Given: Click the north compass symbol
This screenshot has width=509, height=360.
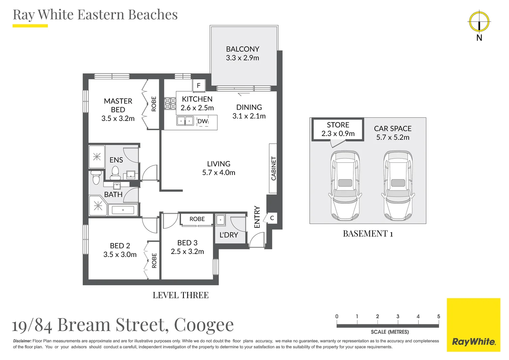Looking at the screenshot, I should (x=479, y=22).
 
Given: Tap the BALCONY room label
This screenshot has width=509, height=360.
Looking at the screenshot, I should (x=243, y=49).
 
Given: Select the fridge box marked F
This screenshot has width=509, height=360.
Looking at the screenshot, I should (x=199, y=86).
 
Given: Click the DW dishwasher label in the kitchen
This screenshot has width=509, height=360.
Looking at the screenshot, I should (x=203, y=121).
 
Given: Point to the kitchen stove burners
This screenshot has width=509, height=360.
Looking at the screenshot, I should (x=170, y=104).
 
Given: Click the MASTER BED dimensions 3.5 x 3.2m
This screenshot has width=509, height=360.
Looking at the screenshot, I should (x=118, y=118).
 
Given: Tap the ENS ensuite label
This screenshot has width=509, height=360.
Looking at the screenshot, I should (x=116, y=160).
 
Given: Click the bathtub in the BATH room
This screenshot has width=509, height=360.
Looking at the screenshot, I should (x=123, y=210).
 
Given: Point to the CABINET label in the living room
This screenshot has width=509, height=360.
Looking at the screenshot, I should (x=273, y=168).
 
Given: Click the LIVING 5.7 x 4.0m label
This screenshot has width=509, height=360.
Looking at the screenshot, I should (x=219, y=168).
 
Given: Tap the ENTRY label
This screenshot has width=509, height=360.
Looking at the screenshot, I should (x=257, y=217).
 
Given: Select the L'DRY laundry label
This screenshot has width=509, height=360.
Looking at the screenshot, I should (x=229, y=235).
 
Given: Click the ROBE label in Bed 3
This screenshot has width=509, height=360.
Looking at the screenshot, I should (x=197, y=219).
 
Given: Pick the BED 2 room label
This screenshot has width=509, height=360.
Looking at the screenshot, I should (x=120, y=246).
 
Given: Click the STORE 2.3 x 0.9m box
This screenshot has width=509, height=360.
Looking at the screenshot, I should (x=338, y=129).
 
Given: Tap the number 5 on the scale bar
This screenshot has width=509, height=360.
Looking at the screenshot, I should (x=438, y=316).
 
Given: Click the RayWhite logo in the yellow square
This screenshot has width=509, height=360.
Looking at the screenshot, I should (x=473, y=342).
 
